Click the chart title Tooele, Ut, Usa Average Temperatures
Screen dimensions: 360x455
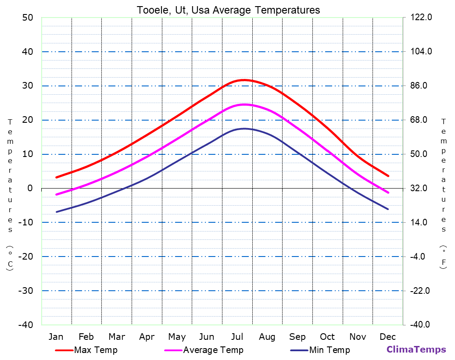pyautogui.click(x=228, y=10)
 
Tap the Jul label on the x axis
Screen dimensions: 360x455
pyautogui.click(x=237, y=337)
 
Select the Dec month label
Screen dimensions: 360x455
pyautogui.click(x=388, y=337)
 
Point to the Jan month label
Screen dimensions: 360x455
pyautogui.click(x=56, y=337)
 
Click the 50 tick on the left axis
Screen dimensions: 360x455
pyautogui.click(x=27, y=18)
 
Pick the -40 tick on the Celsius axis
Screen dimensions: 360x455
pyautogui.click(x=25, y=325)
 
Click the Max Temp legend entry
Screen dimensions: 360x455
pyautogui.click(x=96, y=350)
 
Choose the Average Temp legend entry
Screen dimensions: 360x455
pyautogui.click(x=213, y=350)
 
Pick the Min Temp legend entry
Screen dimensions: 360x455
pyautogui.click(x=330, y=350)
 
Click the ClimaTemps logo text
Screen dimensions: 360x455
pyautogui.click(x=416, y=349)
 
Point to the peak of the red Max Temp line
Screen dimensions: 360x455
pyautogui.click(x=244, y=80)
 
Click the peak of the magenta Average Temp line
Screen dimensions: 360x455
pyautogui.click(x=244, y=104)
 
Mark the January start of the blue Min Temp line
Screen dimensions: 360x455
pyautogui.click(x=57, y=212)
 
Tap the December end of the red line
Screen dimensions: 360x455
pyautogui.click(x=388, y=176)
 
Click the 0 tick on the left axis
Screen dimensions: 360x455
pyautogui.click(x=30, y=188)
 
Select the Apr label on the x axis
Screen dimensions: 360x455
pyautogui.click(x=147, y=337)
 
